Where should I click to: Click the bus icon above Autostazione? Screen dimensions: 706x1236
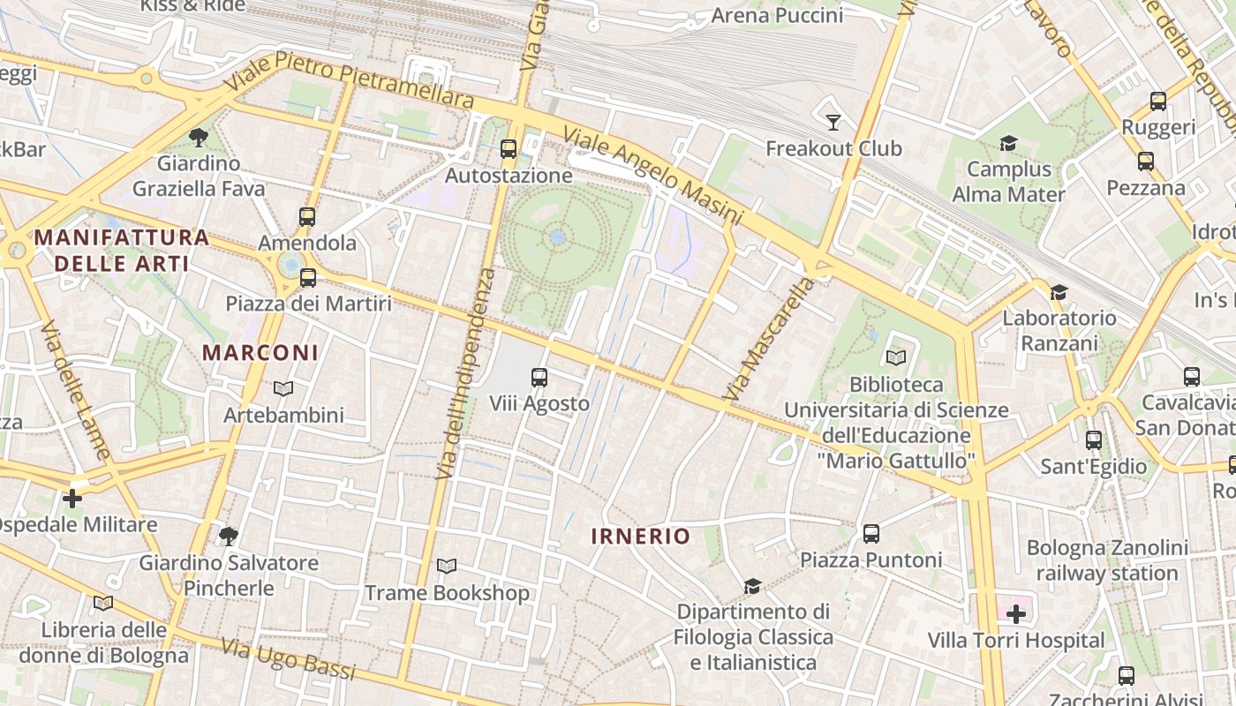pos(509,148)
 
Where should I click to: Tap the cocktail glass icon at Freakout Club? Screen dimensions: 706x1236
pos(833,122)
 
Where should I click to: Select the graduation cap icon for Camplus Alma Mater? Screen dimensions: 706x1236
pos(1008,143)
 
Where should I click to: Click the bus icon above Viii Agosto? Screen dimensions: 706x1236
pos(539,378)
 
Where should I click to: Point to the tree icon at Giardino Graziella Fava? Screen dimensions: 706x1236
pos(199,137)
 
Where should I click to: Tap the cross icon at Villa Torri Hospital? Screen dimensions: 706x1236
pos(1016,613)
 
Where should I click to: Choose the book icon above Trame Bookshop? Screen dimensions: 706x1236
pos(447,567)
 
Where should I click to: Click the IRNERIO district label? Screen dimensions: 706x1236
pos(640,536)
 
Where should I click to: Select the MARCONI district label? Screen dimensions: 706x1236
pos(260,352)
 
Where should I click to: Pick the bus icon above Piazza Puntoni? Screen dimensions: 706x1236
pos(871,533)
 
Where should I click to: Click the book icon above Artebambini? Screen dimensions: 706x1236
pos(283,388)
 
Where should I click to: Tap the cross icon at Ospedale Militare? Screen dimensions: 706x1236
pos(72,499)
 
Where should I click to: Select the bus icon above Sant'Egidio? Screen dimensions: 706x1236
pos(1094,439)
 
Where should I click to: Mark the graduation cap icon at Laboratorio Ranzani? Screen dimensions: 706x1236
pos(1059,292)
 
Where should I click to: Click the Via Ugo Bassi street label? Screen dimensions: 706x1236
pos(288,660)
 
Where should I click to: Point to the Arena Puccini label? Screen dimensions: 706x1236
pos(777,15)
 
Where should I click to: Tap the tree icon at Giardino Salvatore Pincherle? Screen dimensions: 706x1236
pos(229,536)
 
